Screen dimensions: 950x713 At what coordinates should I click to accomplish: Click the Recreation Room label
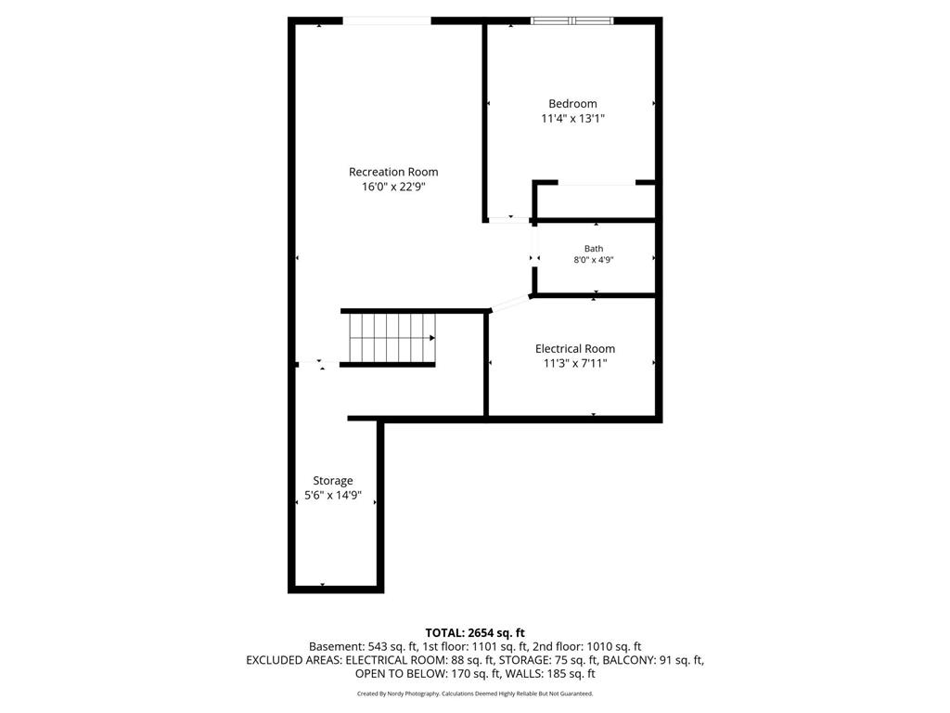[393, 172]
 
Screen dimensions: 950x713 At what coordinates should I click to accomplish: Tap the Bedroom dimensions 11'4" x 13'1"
[572, 118]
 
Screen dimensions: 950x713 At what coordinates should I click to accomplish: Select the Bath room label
[594, 248]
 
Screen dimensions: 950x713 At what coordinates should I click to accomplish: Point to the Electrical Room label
[575, 349]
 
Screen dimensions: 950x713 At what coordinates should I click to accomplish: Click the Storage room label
[333, 481]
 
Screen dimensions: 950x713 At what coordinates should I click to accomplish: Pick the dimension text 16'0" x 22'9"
[393, 187]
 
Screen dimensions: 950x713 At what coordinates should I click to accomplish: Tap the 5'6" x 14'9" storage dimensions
[333, 496]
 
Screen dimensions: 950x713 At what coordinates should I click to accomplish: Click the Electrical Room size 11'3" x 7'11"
[575, 363]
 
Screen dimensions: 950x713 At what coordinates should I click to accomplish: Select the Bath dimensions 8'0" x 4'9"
[594, 260]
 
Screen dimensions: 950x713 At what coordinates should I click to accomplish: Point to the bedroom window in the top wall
[571, 21]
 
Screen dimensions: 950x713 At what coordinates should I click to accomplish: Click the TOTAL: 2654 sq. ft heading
[475, 633]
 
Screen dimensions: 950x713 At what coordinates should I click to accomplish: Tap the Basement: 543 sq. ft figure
[363, 647]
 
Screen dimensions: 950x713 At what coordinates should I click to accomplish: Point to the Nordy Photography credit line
[475, 694]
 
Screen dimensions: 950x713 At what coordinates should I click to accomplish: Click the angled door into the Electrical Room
[511, 304]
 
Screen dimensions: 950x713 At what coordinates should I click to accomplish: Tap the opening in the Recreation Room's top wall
[387, 21]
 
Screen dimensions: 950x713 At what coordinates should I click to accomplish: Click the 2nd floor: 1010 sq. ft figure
[587, 647]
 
